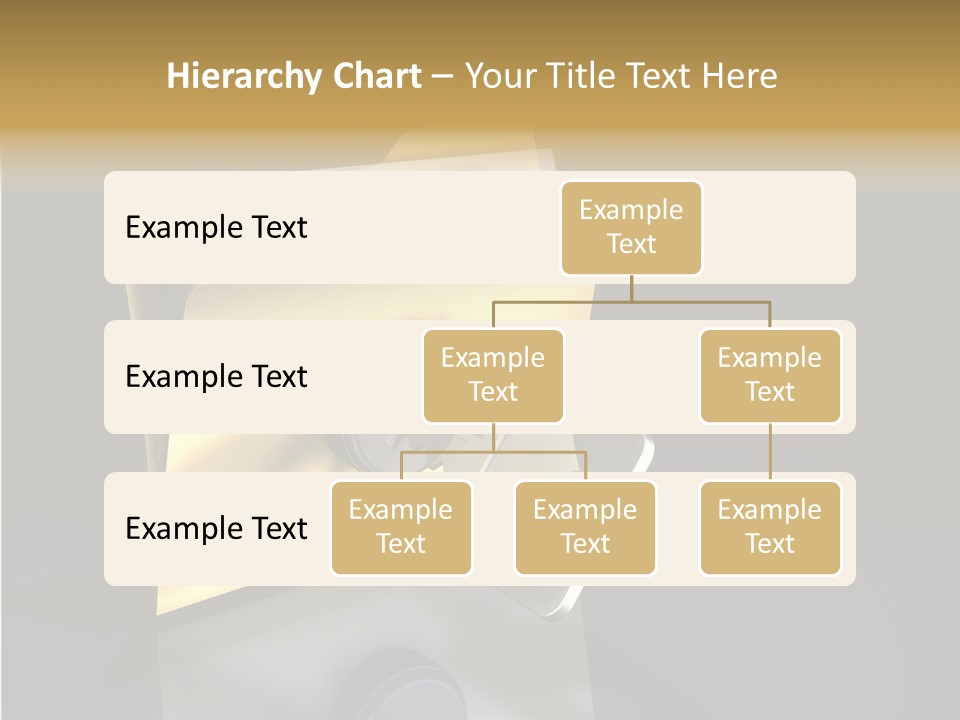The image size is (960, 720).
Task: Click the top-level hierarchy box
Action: (631, 228)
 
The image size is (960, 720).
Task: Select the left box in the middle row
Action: (493, 376)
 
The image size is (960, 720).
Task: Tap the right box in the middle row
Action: (770, 376)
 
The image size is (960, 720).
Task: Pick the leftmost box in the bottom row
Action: (401, 528)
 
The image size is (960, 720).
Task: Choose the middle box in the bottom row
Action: (585, 528)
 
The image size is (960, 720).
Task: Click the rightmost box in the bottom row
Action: (770, 528)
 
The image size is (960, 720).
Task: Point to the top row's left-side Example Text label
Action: (216, 228)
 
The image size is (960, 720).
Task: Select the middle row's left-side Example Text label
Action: (216, 377)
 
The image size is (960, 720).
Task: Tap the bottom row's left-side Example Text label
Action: (216, 529)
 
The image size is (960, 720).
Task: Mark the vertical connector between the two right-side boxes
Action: (770, 451)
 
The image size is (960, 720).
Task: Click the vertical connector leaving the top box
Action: (631, 288)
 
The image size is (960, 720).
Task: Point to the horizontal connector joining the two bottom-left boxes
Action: (493, 452)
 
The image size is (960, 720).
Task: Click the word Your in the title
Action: (500, 76)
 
